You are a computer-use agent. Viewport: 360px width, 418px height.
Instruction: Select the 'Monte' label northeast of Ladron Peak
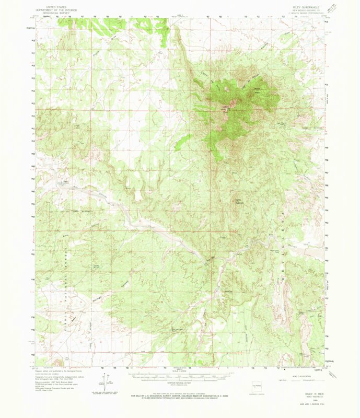point(257,89)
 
